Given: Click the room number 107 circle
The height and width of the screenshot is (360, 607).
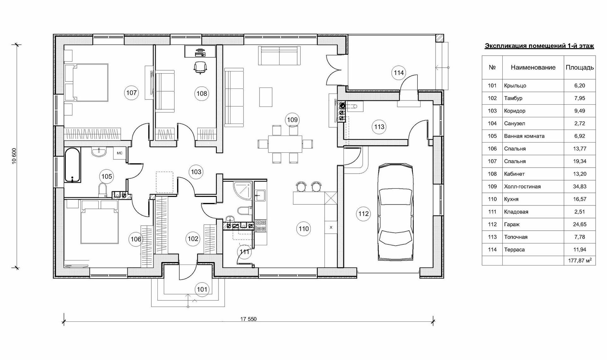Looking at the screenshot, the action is (132, 93).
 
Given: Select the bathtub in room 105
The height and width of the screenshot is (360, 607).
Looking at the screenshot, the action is (73, 165).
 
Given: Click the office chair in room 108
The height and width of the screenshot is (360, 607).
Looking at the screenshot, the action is (200, 67).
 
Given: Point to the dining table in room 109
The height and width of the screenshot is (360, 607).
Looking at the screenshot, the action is (285, 144).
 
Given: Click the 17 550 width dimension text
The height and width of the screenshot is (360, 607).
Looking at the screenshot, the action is (248, 319).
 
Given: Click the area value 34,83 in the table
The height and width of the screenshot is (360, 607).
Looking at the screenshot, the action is (579, 186).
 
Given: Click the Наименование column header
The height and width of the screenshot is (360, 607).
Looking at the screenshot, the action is (533, 67).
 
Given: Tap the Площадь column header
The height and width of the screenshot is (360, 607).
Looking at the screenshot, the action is (579, 67).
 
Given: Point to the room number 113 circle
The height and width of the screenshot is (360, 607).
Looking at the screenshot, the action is (379, 127).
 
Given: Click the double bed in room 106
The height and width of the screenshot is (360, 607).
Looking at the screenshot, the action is (100, 222).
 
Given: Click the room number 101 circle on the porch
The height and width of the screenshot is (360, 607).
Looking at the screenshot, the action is (202, 289).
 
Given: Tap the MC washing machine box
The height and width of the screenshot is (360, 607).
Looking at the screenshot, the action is (120, 153).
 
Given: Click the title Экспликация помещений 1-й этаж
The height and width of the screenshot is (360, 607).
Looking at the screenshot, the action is (539, 46).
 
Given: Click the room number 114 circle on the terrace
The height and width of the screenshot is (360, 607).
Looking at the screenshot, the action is (399, 73).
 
